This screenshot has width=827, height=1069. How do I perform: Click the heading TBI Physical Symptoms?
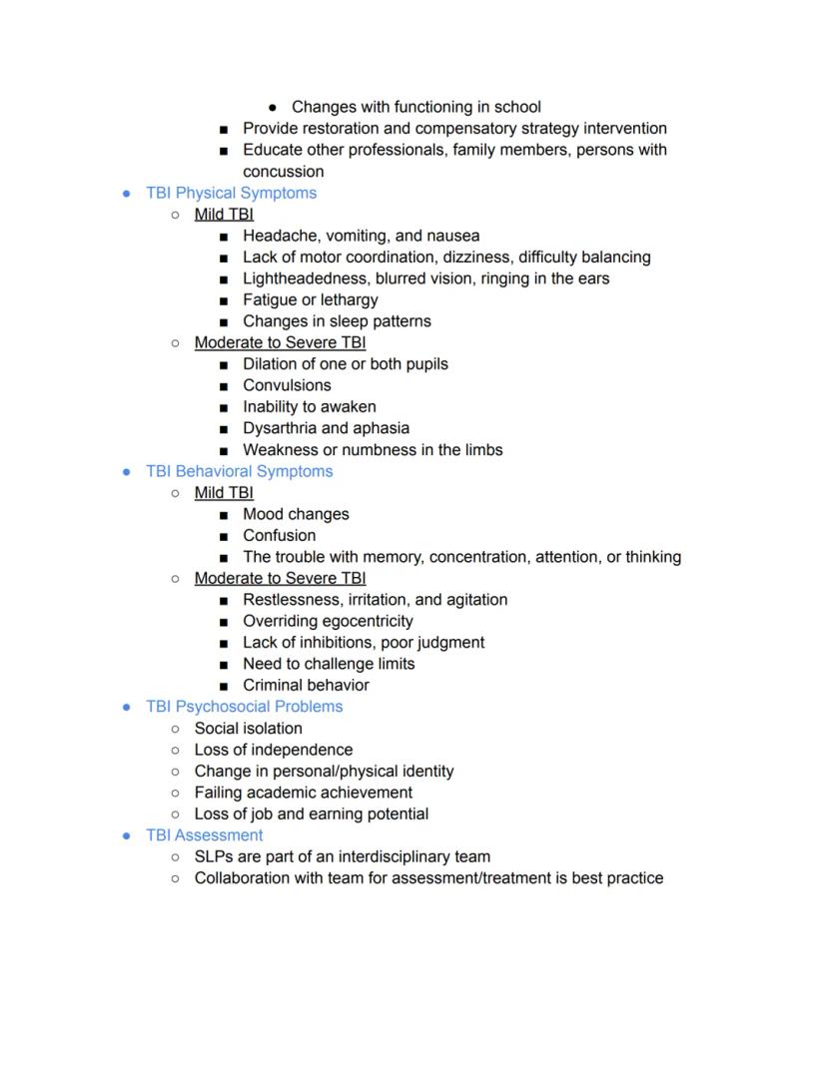pyautogui.click(x=231, y=193)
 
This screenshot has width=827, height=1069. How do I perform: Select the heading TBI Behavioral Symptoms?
pyautogui.click(x=239, y=471)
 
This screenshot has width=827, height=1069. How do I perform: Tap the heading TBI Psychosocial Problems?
pyautogui.click(x=244, y=707)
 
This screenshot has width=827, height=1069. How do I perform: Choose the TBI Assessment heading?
pyautogui.click(x=204, y=835)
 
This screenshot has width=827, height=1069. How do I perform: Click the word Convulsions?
pyautogui.click(x=287, y=385)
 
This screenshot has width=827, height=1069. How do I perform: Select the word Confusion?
pyautogui.click(x=279, y=535)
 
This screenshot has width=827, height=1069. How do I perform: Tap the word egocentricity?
pyautogui.click(x=365, y=621)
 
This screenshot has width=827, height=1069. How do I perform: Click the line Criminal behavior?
pyautogui.click(x=306, y=685)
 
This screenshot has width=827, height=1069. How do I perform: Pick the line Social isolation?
pyautogui.click(x=248, y=729)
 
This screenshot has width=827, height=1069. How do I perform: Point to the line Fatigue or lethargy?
pyautogui.click(x=310, y=299)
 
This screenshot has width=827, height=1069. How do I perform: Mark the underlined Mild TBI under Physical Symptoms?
pyautogui.click(x=224, y=215)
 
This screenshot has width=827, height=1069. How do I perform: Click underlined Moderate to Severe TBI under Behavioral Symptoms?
pyautogui.click(x=280, y=578)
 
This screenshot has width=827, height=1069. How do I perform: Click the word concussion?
pyautogui.click(x=283, y=172)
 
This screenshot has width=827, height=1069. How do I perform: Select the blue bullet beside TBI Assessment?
pyautogui.click(x=127, y=835)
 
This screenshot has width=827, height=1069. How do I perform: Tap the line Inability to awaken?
pyautogui.click(x=309, y=406)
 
